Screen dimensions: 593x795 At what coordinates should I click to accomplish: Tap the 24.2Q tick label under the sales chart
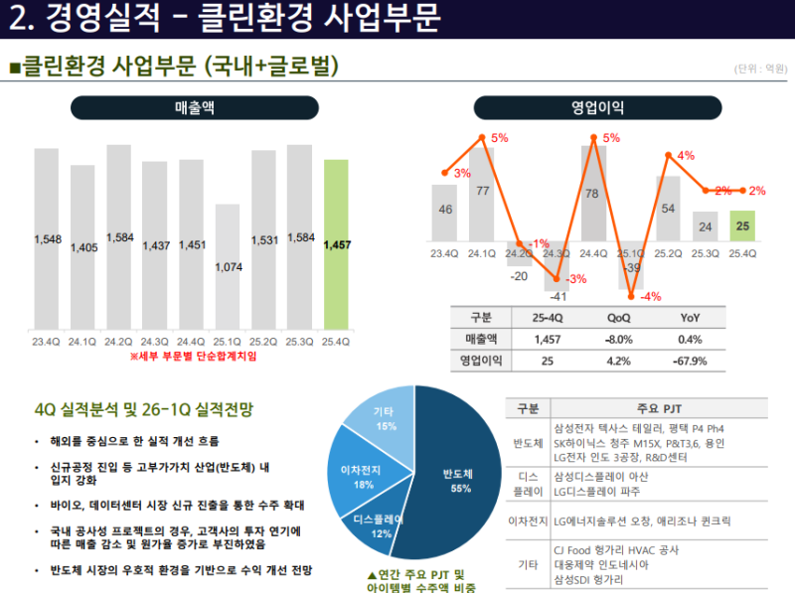[x=118, y=342]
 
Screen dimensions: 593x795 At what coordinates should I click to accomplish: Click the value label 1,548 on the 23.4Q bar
[x=47, y=239]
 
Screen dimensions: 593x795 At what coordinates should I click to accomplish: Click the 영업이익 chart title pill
[x=597, y=106]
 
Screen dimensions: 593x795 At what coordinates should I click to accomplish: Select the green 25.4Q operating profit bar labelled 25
[x=742, y=225]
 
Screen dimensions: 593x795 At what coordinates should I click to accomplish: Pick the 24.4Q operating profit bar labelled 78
[x=593, y=194]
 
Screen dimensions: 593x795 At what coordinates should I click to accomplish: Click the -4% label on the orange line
[x=650, y=296]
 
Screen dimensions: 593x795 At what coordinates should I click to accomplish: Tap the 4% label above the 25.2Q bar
[x=686, y=156]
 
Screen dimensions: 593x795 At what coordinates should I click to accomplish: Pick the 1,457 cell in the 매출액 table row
[x=548, y=339]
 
